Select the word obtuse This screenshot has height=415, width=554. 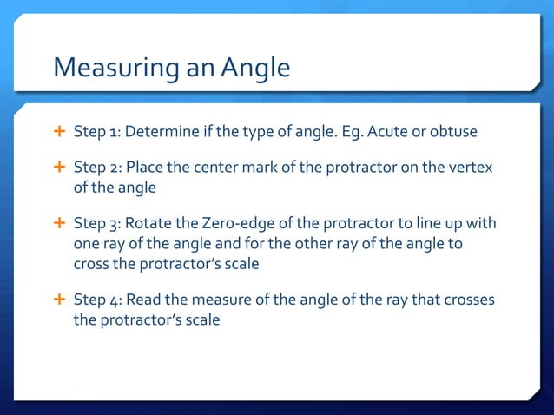[453, 131]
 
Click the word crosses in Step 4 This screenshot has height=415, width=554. [466, 300]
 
